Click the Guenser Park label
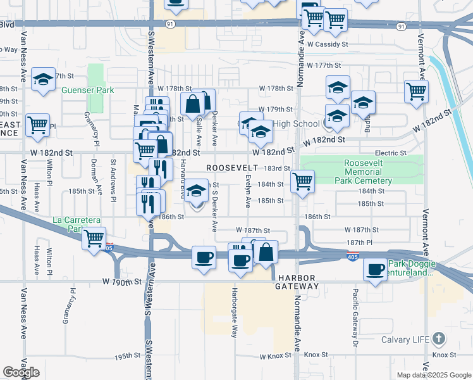pyautogui.click(x=87, y=90)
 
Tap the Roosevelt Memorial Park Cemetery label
pyautogui.click(x=368, y=172)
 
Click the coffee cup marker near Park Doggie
pyautogui.click(x=375, y=270)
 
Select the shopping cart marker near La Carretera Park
pyautogui.click(x=94, y=239)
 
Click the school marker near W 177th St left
pyautogui.click(x=43, y=79)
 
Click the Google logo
pyautogui.click(x=20, y=372)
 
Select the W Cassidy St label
pyautogui.click(x=328, y=44)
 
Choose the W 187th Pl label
pyautogui.click(x=361, y=243)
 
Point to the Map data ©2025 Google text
pyautogui.click(x=433, y=375)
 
